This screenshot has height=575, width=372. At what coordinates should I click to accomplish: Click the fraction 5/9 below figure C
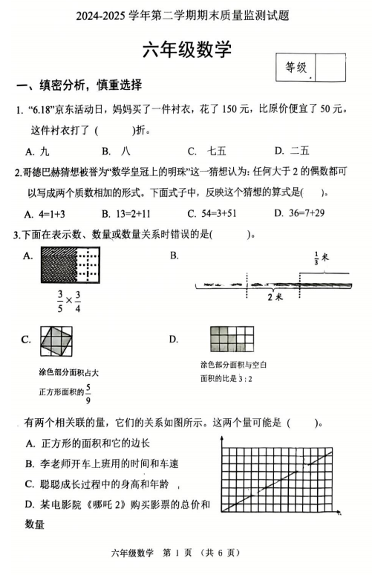[88, 391]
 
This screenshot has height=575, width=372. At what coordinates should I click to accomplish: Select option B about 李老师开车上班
[108, 464]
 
